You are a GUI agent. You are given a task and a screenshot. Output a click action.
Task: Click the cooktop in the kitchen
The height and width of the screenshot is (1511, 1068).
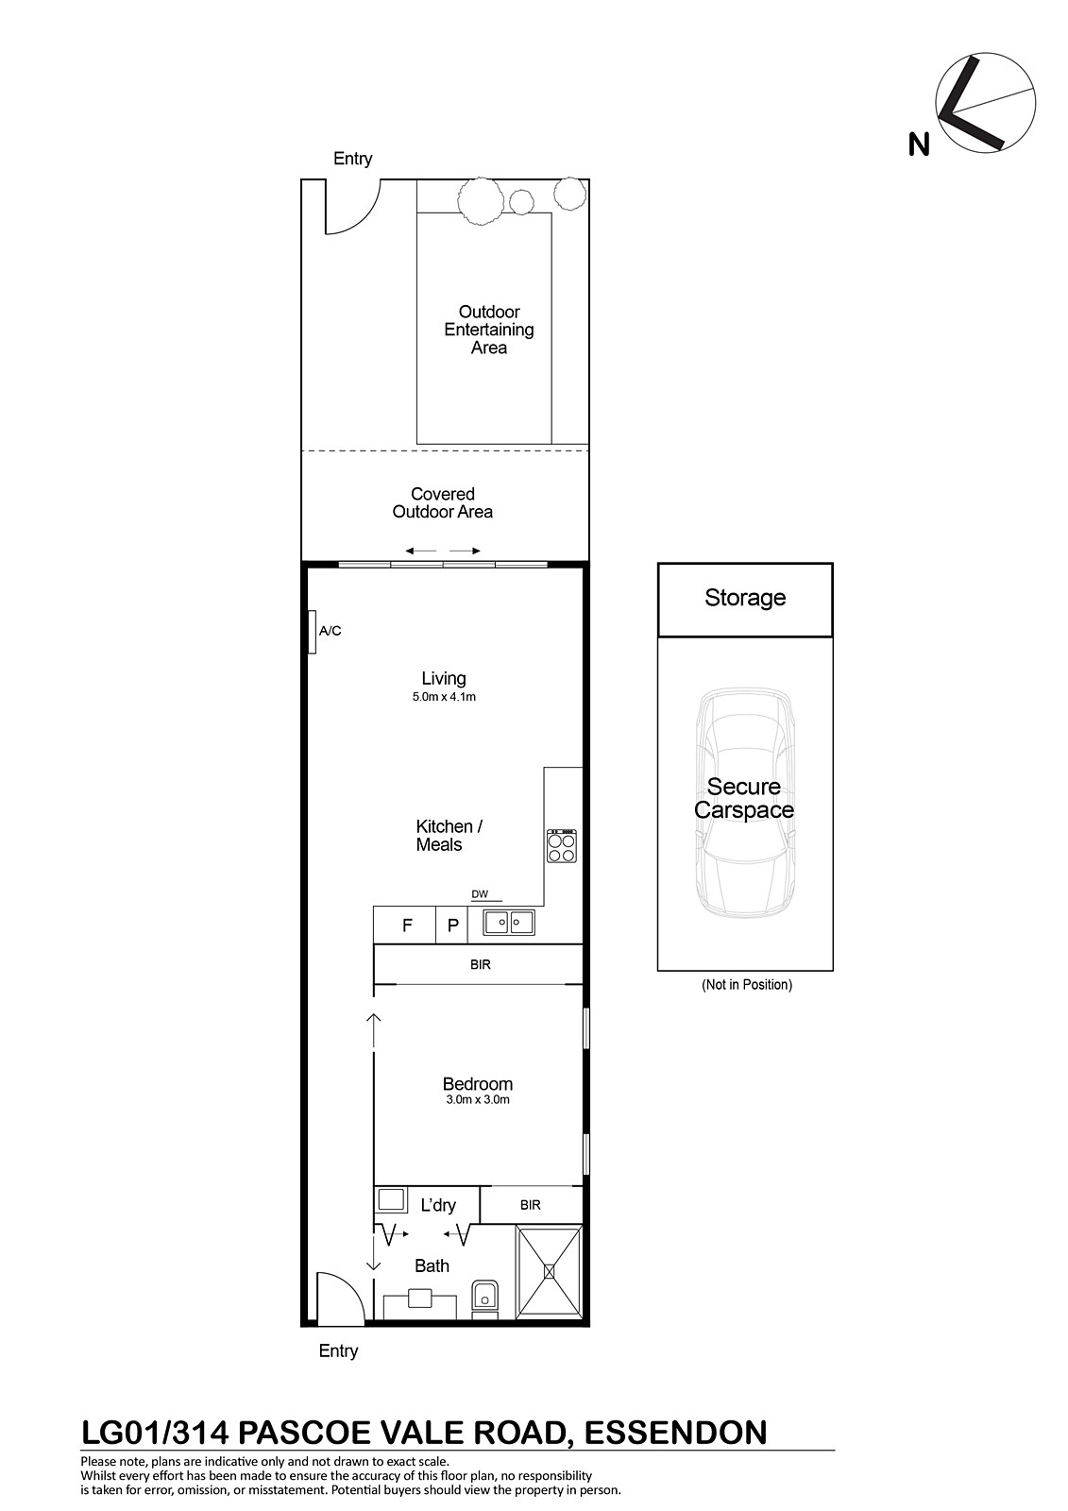(x=561, y=846)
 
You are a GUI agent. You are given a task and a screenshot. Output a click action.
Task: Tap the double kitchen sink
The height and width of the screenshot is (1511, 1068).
(x=509, y=922)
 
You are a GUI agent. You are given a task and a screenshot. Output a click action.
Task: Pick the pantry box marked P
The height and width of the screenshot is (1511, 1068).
(x=452, y=925)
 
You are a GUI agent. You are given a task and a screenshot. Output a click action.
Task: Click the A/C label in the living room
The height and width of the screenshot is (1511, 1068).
(x=330, y=631)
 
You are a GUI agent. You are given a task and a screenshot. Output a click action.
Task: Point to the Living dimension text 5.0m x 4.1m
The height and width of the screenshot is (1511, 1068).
(x=444, y=697)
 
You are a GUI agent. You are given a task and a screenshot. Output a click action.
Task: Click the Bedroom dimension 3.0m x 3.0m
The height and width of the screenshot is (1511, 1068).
(x=478, y=1100)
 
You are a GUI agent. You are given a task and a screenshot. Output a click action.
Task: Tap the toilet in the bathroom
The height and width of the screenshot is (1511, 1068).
(x=483, y=1299)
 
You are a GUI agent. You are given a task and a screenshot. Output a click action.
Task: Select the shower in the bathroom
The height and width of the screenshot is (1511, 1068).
(x=549, y=1272)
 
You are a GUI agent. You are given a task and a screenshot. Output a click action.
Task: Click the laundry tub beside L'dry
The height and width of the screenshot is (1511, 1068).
(x=391, y=1200)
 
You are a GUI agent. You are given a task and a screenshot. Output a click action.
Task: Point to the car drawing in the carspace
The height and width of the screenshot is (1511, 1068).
(x=745, y=803)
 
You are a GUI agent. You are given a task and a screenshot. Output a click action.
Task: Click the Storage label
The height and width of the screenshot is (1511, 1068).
(x=745, y=598)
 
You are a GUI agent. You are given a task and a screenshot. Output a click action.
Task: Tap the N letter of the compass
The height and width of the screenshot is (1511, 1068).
(x=919, y=145)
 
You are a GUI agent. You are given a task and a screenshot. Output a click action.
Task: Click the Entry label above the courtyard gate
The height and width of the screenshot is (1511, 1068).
(x=353, y=159)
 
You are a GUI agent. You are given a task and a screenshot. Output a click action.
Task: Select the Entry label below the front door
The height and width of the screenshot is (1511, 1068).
(x=338, y=1351)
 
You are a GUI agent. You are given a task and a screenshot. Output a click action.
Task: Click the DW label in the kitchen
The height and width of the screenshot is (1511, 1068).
(x=480, y=894)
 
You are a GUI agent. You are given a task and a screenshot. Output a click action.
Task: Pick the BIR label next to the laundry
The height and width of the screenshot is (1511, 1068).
(x=531, y=1205)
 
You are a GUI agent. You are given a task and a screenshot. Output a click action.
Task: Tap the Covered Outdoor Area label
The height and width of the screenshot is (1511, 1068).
(x=443, y=502)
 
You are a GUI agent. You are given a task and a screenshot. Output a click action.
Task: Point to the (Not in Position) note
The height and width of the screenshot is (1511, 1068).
(x=747, y=985)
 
